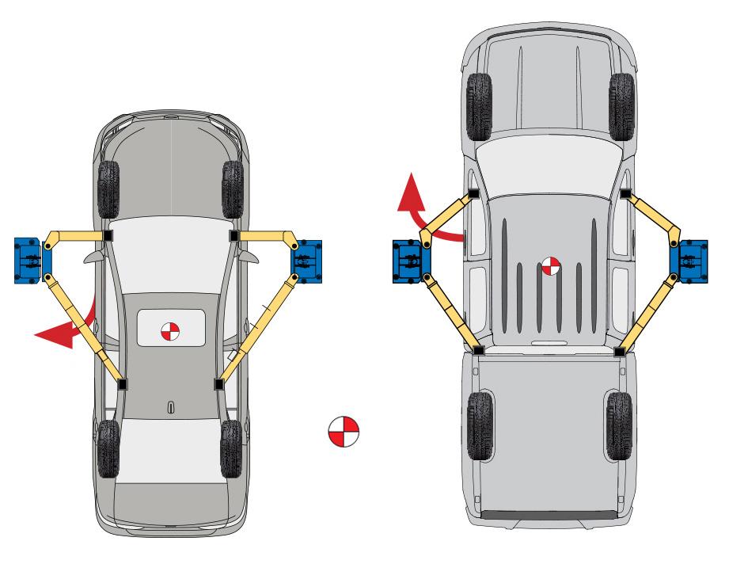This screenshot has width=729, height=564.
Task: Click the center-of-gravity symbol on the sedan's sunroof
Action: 169,332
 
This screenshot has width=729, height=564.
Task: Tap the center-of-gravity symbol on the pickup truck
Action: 551,266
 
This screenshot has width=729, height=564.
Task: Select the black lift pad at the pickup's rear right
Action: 621,348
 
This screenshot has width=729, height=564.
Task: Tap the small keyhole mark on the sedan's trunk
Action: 170,407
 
